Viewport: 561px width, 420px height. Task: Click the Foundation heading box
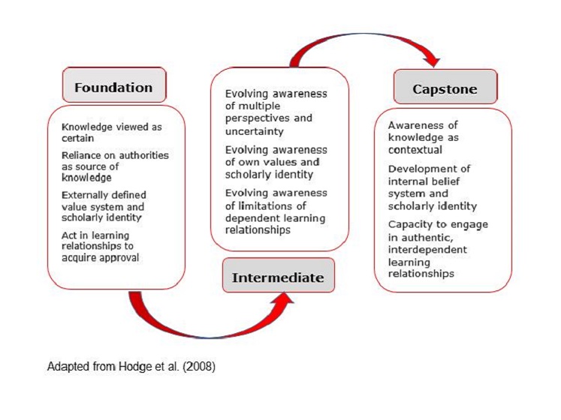[x=113, y=87]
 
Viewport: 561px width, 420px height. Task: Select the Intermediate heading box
[x=278, y=277]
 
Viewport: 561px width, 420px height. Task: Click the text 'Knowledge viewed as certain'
[x=111, y=133]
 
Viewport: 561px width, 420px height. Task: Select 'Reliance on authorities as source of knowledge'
[x=115, y=166]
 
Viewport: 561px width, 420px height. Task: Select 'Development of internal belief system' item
[x=433, y=187]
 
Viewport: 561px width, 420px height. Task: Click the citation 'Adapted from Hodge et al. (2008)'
[x=131, y=367]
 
